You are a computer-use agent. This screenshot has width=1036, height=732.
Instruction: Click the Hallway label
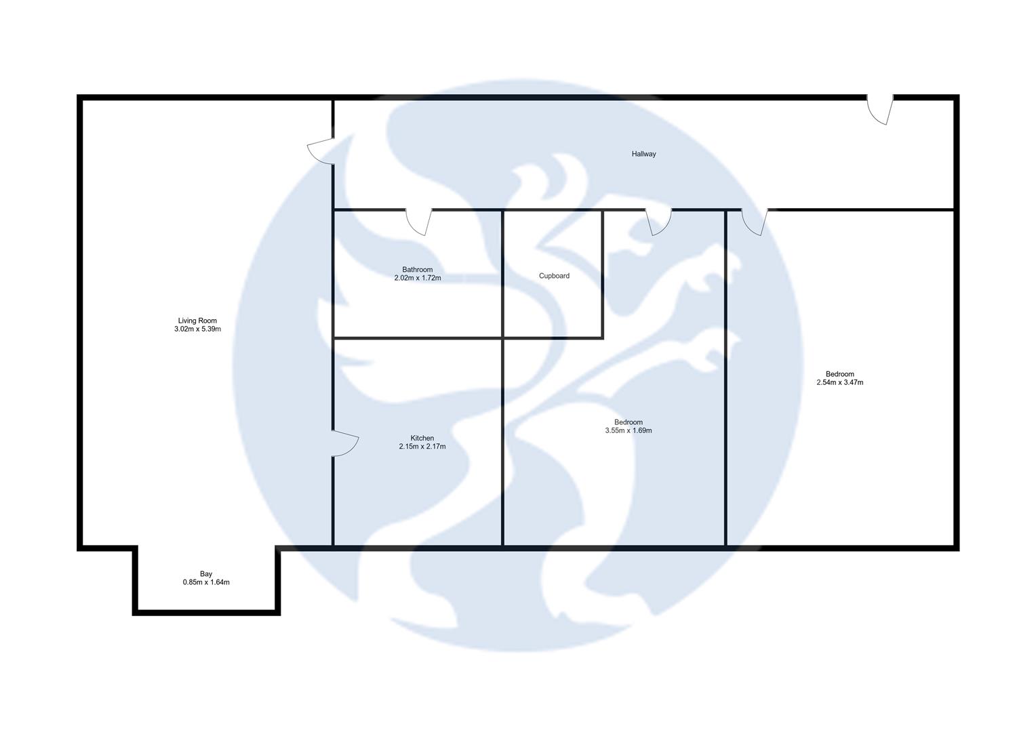tap(643, 154)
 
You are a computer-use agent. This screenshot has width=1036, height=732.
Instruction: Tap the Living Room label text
tap(197, 321)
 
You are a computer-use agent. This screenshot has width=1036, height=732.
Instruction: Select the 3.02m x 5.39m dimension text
tap(197, 329)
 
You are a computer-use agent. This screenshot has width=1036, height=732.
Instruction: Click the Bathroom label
tap(417, 270)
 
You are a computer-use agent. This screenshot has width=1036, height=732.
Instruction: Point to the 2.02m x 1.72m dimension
tap(417, 278)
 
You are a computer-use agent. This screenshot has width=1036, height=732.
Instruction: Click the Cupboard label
tap(554, 276)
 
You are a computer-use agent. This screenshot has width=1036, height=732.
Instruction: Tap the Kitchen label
tap(422, 438)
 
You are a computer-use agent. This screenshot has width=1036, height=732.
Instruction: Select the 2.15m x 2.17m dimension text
tap(422, 447)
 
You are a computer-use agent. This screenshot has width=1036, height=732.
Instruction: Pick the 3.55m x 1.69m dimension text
tap(628, 430)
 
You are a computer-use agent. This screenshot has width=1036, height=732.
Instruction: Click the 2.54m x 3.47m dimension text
tap(839, 382)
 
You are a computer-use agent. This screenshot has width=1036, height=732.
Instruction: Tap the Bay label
tap(206, 574)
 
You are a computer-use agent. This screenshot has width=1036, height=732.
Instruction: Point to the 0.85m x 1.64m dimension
tap(206, 582)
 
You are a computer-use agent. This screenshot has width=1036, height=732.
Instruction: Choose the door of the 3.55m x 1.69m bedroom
tap(658, 222)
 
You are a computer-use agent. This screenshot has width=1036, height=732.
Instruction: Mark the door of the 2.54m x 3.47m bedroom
tap(754, 222)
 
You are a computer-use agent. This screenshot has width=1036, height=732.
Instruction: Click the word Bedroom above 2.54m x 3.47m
tap(839, 374)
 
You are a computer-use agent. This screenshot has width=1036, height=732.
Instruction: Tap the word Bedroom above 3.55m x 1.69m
tap(628, 422)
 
